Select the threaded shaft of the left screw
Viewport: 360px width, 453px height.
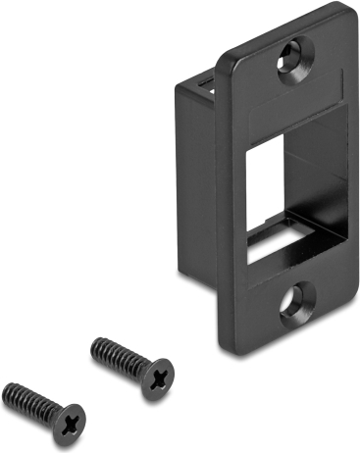pos(34,397)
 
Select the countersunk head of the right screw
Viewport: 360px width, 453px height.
pos(158,377)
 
